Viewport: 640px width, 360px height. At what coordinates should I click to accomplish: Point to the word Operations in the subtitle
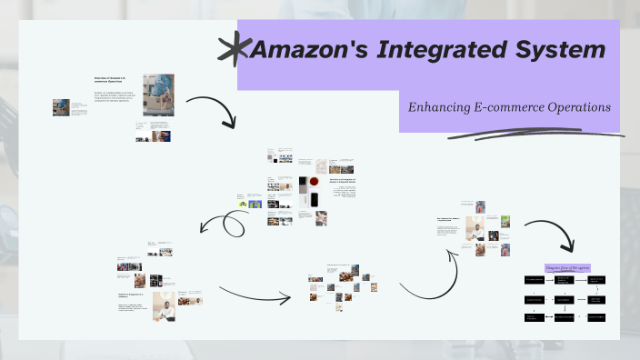click(x=579, y=107)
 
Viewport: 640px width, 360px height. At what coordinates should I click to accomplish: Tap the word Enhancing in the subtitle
click(x=441, y=107)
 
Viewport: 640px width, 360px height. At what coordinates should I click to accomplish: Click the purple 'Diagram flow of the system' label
click(x=568, y=267)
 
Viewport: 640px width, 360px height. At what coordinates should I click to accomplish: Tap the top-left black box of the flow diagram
click(x=535, y=281)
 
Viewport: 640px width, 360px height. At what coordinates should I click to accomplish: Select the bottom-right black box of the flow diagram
click(x=596, y=317)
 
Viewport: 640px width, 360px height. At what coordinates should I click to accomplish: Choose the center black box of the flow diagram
click(x=565, y=299)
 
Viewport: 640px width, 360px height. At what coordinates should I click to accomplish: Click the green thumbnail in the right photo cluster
click(x=505, y=221)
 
